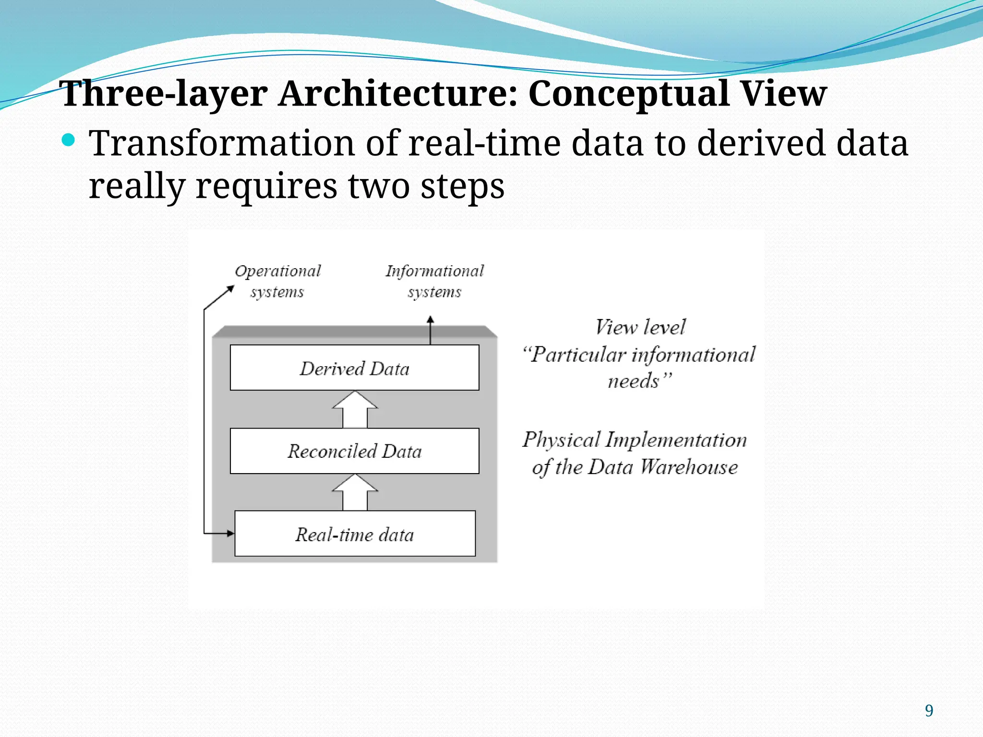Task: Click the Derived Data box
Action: pyautogui.click(x=354, y=368)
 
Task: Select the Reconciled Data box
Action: pyautogui.click(x=354, y=451)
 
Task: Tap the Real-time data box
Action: pyautogui.click(x=355, y=534)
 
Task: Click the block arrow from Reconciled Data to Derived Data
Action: pyautogui.click(x=355, y=410)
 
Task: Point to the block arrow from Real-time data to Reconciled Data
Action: pyautogui.click(x=355, y=493)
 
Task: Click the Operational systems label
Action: pyautogui.click(x=277, y=281)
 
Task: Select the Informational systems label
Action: pyautogui.click(x=434, y=281)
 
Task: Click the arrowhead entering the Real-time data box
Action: pyautogui.click(x=230, y=533)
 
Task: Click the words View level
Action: pyautogui.click(x=640, y=328)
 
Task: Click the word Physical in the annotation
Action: pyautogui.click(x=561, y=440)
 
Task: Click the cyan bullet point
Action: pyautogui.click(x=69, y=141)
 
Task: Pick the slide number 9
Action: pyautogui.click(x=929, y=711)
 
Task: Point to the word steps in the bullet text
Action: pyautogui.click(x=462, y=186)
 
